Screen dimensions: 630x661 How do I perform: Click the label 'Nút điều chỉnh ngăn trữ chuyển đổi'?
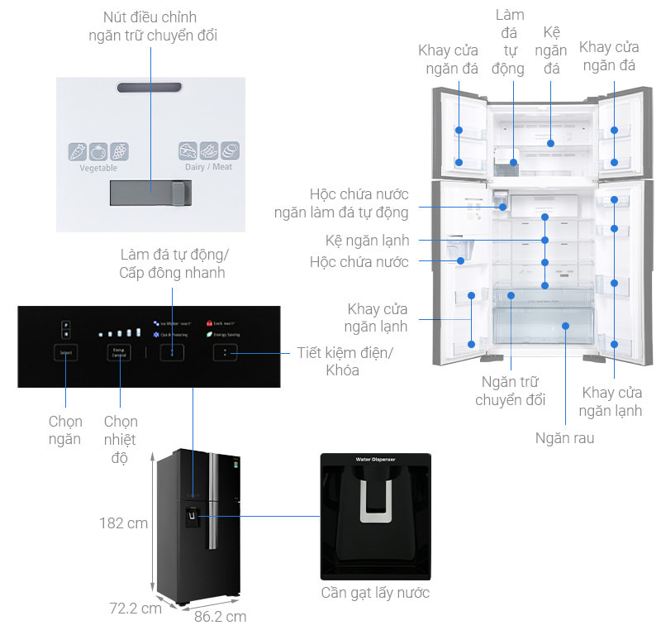[x=153, y=26]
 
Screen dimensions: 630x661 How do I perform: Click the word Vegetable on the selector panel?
[x=98, y=168]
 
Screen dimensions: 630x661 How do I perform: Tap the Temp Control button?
[x=119, y=352]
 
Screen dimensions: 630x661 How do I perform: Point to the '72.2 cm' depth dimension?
[x=136, y=609]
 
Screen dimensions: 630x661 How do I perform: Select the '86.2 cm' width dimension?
[x=220, y=616]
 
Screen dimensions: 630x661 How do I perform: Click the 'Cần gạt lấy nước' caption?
[x=375, y=593]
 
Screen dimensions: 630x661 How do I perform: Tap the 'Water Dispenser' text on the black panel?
[x=376, y=459]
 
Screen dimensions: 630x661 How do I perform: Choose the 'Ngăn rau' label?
[x=564, y=438]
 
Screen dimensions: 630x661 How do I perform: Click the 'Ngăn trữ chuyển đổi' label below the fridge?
[x=511, y=391]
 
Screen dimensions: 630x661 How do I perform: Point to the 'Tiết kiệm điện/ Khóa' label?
[x=345, y=361]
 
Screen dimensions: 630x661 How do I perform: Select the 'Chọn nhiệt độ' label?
[x=120, y=439]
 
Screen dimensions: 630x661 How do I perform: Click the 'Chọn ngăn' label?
[x=64, y=430]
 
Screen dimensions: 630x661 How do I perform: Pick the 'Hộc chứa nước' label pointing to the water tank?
[x=359, y=262]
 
